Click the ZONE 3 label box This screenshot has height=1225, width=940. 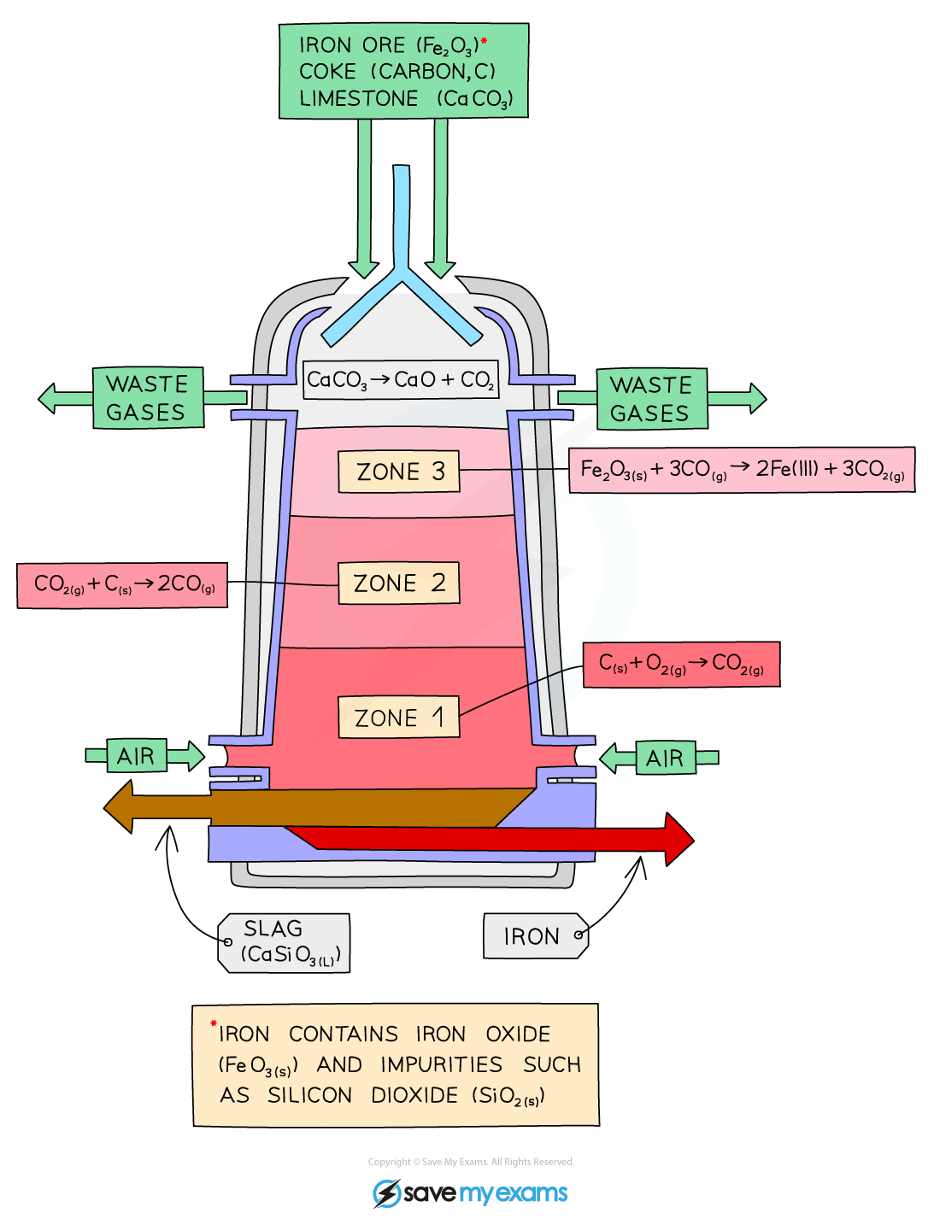click(398, 472)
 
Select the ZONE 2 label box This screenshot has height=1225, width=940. click(398, 583)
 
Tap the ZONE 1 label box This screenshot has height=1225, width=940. click(398, 718)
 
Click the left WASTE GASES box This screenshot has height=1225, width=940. click(148, 398)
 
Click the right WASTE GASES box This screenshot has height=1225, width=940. click(651, 399)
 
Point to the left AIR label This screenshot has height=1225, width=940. click(137, 756)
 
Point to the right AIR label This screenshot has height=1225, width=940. click(665, 758)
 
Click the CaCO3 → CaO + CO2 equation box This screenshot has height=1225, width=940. click(400, 380)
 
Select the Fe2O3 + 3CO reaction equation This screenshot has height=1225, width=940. click(741, 470)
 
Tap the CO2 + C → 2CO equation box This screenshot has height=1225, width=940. click(122, 585)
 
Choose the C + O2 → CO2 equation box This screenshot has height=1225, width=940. click(681, 664)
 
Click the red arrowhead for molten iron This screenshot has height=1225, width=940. click(679, 839)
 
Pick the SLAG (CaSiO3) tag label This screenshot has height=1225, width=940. click(285, 943)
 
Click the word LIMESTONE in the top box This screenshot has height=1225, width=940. click(359, 99)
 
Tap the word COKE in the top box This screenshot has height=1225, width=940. click(327, 72)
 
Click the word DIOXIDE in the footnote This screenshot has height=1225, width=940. click(414, 1095)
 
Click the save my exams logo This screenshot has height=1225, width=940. click(470, 1193)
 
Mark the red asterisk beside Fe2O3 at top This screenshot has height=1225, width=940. click(484, 40)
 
